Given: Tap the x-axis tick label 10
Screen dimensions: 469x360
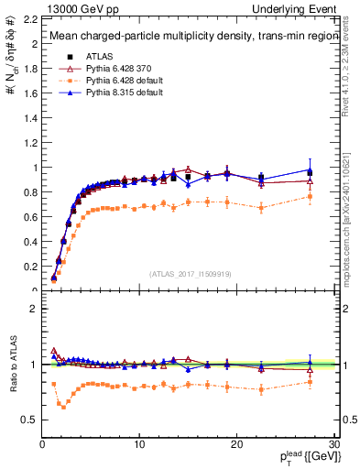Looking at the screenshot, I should point(138,444).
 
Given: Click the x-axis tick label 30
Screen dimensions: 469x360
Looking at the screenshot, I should point(333,444).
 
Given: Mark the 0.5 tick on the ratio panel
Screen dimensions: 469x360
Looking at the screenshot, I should point(27,420).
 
